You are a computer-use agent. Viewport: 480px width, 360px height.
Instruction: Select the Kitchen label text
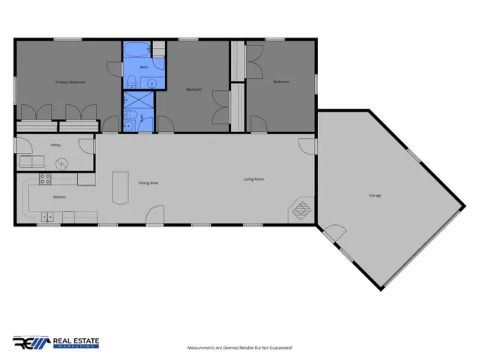click(x=59, y=196)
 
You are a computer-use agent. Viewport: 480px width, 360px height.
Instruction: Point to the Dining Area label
click(x=148, y=182)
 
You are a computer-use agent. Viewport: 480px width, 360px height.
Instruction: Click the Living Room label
click(x=254, y=179)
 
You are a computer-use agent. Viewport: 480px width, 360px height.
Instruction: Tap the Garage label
click(x=375, y=196)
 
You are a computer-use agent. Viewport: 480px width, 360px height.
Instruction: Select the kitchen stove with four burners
click(x=44, y=179)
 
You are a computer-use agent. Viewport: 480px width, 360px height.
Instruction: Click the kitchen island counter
click(x=119, y=187)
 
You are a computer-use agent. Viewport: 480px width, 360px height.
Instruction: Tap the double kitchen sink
click(x=47, y=217)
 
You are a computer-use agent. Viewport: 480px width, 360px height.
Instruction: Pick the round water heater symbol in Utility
click(x=61, y=162)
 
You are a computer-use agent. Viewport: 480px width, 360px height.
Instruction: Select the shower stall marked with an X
click(x=139, y=100)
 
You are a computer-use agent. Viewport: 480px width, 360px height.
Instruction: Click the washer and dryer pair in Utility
click(x=32, y=161)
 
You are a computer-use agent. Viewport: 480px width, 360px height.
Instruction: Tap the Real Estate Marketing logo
click(x=56, y=342)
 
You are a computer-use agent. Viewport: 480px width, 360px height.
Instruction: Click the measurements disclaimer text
click(x=239, y=348)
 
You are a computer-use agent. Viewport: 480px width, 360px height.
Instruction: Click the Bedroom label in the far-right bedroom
click(x=280, y=81)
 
